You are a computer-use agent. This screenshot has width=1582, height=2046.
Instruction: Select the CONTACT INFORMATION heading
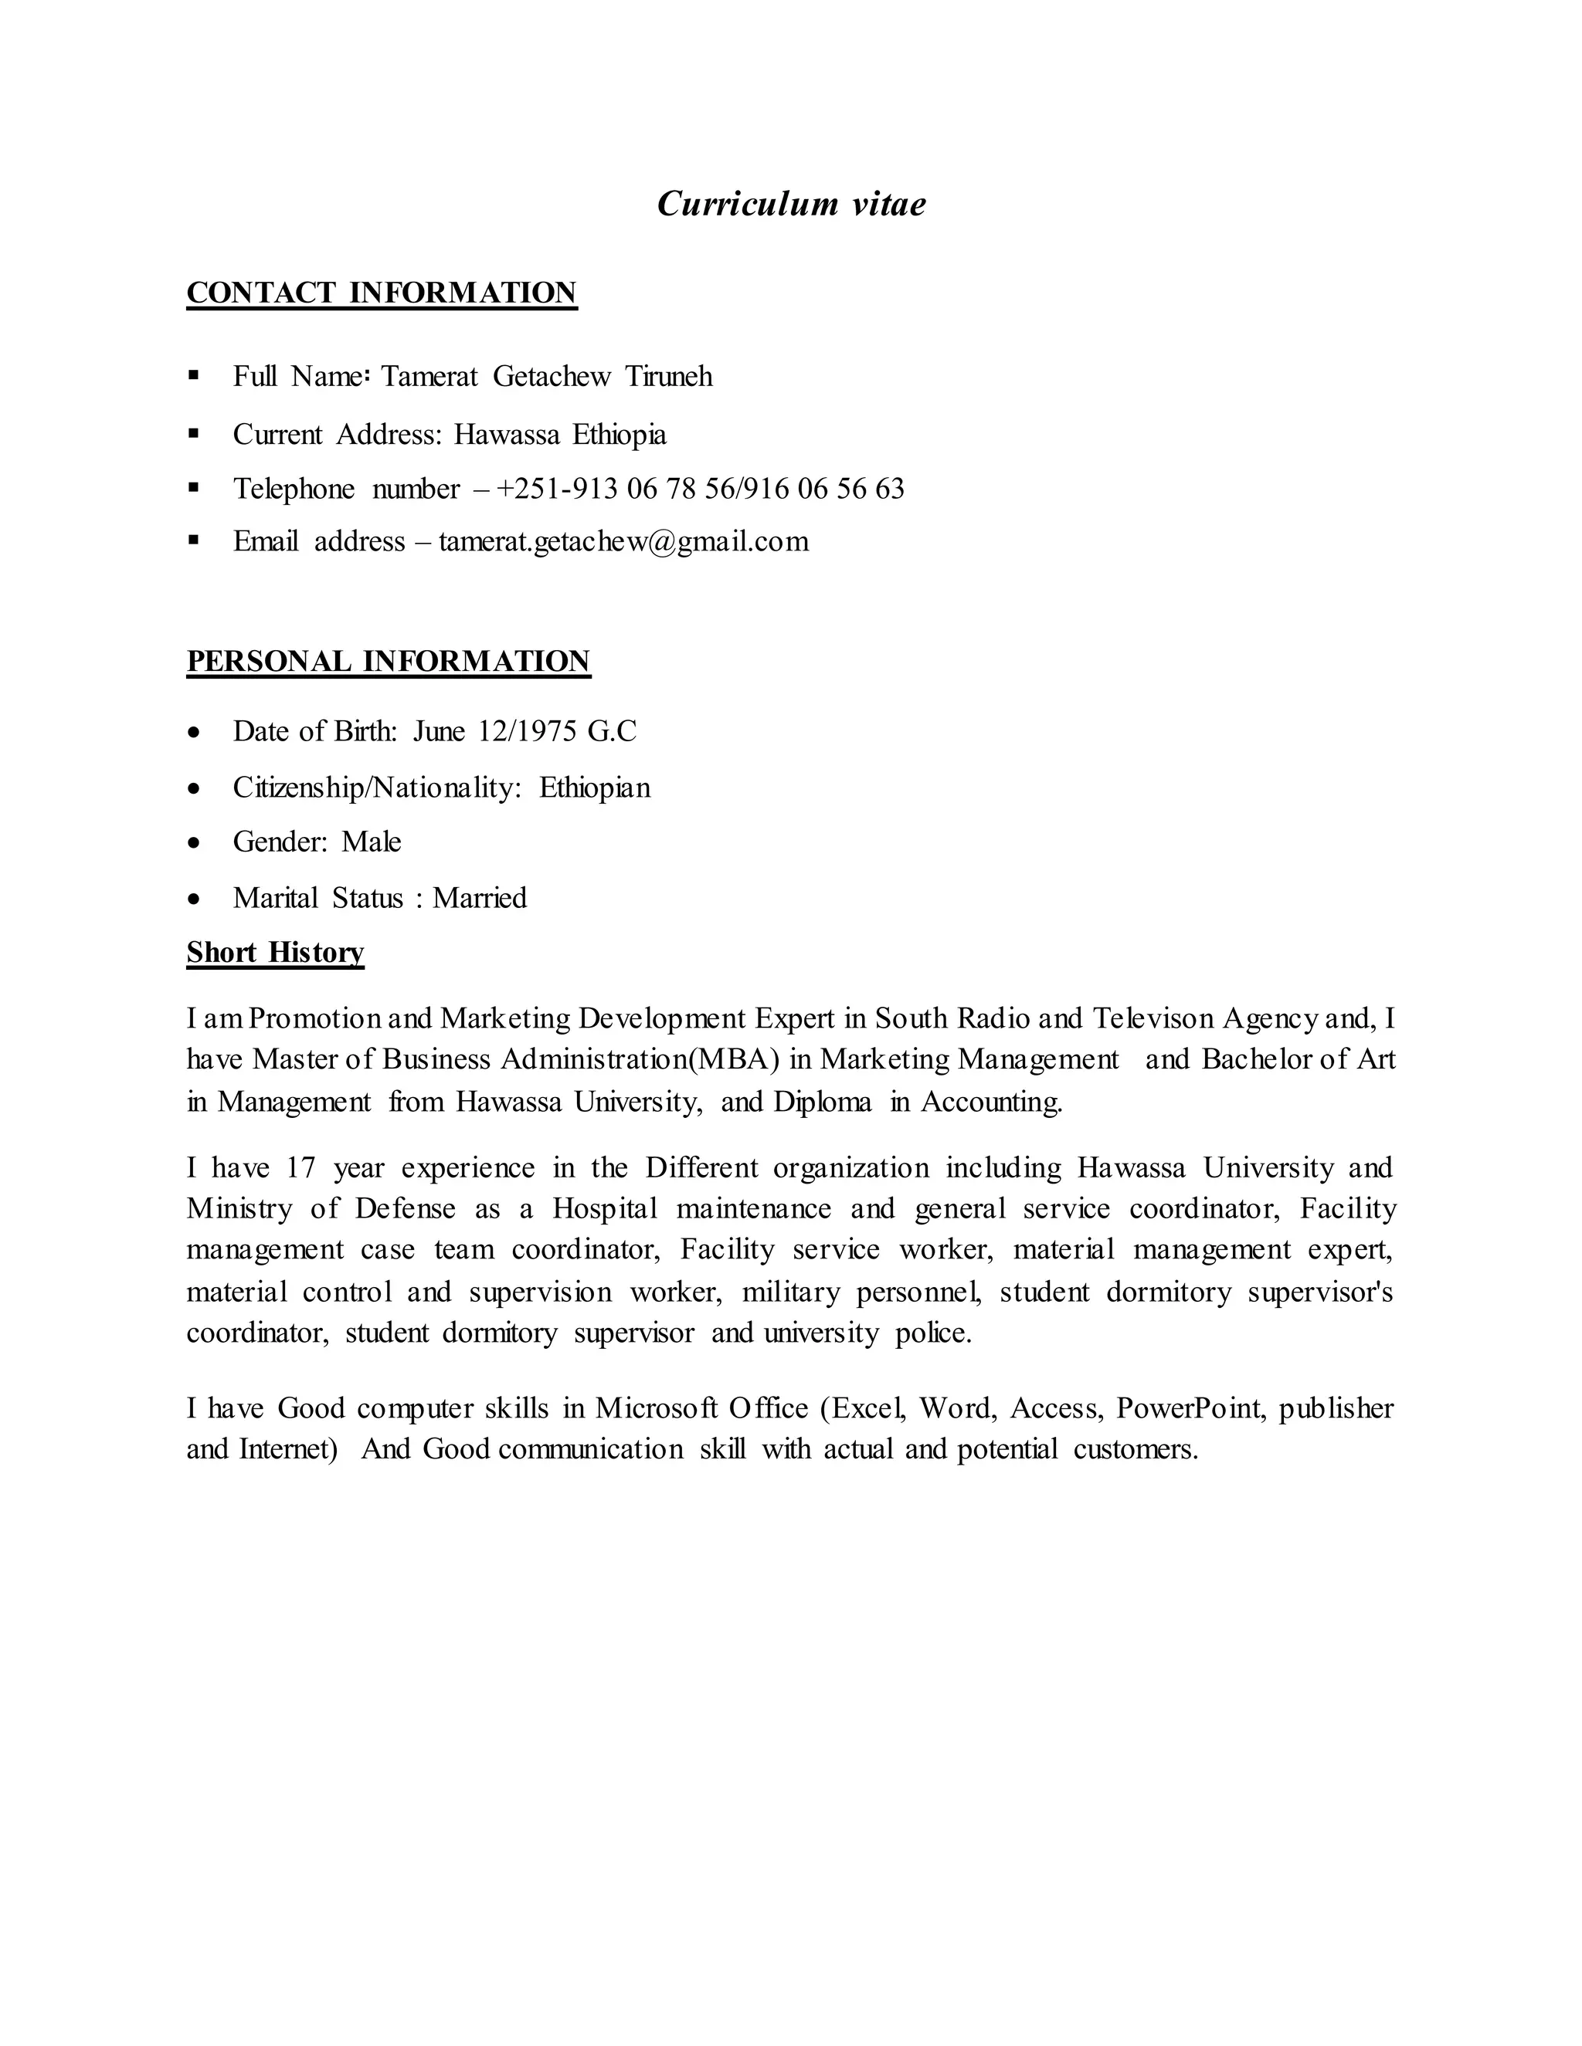click(382, 293)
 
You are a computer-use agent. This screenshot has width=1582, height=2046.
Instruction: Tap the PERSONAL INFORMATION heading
click(388, 662)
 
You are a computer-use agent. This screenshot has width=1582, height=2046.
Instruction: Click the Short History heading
click(274, 953)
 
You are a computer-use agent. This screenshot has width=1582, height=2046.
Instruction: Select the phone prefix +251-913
click(557, 489)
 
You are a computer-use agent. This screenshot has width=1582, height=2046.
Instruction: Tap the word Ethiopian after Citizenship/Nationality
click(594, 788)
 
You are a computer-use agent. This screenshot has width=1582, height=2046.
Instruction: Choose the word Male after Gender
click(371, 842)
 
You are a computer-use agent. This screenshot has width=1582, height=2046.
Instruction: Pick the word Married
click(479, 899)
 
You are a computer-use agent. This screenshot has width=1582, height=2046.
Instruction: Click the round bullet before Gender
click(194, 843)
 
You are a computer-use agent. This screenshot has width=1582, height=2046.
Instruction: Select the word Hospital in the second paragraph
click(606, 1209)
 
